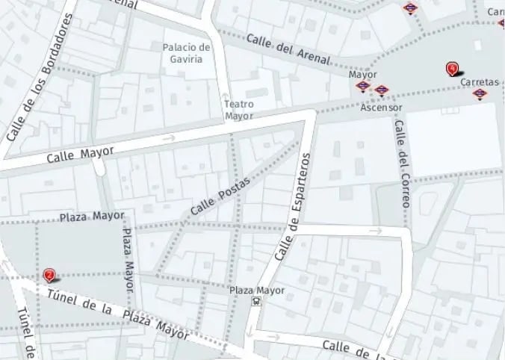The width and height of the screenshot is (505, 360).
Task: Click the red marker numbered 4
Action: (x=452, y=69)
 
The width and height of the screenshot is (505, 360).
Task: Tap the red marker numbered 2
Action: (x=49, y=275)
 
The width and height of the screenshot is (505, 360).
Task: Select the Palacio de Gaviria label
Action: (x=187, y=53)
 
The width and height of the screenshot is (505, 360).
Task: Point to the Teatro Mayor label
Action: (x=239, y=110)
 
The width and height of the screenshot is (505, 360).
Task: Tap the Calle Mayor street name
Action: (x=80, y=155)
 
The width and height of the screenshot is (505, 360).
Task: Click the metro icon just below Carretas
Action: (x=480, y=94)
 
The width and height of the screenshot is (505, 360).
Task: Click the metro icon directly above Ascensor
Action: (x=382, y=91)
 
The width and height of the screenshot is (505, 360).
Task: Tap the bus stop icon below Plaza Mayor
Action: (x=256, y=302)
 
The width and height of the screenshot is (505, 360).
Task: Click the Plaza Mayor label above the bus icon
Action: (x=256, y=290)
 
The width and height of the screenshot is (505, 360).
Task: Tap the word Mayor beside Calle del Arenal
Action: (x=362, y=75)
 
